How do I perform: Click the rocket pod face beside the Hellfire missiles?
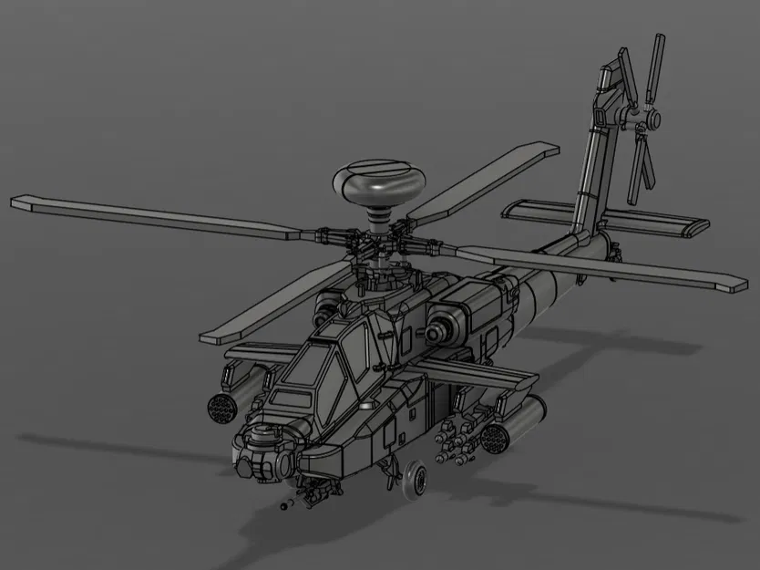[x=493, y=440]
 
